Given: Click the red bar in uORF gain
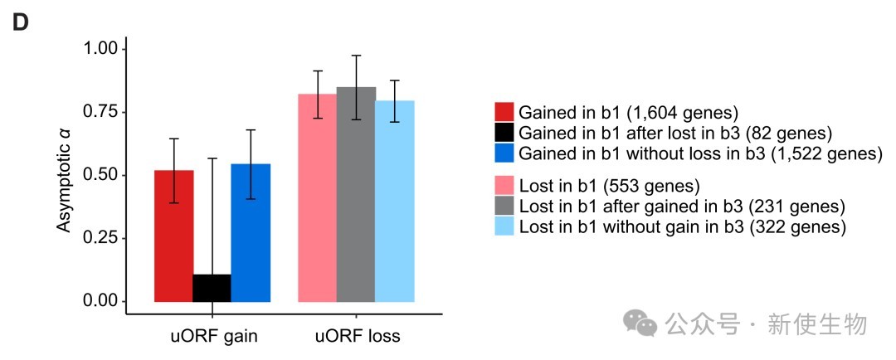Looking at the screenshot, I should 173,236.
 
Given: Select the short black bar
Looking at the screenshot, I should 212,288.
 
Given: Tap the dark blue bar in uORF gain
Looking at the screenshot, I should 251,232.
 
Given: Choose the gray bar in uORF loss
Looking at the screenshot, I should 356,194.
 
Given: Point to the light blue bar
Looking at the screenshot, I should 395,201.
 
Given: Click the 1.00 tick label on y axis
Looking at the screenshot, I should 101,50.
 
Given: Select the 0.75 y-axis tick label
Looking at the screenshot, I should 101,112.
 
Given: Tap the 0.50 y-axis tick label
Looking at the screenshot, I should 101,175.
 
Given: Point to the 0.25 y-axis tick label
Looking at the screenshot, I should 101,238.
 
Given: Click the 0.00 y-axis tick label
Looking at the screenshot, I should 101,300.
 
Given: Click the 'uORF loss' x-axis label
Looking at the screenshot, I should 358,337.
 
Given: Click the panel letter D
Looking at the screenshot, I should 20,23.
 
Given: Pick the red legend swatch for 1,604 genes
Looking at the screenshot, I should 504,112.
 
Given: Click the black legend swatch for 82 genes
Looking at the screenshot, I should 504,132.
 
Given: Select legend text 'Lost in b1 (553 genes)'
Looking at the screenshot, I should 609,185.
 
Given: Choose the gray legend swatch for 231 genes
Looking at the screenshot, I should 504,205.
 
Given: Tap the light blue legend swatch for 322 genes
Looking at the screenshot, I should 504,226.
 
